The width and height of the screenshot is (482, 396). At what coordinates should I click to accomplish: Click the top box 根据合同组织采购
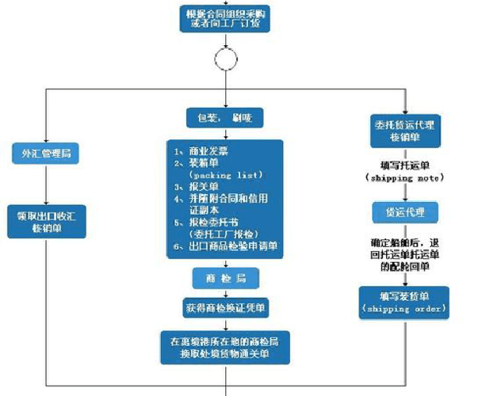click(225, 20)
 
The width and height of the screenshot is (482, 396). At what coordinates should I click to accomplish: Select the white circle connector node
click(225, 59)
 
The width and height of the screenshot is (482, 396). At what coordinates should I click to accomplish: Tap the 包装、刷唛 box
click(225, 117)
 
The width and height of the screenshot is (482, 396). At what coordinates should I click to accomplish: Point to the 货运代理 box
click(405, 212)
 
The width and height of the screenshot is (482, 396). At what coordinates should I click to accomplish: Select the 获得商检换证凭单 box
click(225, 305)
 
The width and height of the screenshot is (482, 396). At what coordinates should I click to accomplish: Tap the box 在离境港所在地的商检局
click(225, 345)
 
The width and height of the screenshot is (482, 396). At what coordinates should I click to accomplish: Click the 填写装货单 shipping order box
click(405, 302)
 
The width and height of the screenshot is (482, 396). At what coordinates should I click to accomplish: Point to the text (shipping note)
click(405, 180)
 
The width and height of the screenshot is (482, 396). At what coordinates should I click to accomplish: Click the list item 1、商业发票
click(203, 150)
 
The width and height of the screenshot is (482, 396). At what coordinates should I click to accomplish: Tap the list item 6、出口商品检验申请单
click(227, 247)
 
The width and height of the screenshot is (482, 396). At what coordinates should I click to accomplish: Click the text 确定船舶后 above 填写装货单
click(405, 242)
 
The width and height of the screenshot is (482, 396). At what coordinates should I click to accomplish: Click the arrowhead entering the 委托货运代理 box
click(405, 111)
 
